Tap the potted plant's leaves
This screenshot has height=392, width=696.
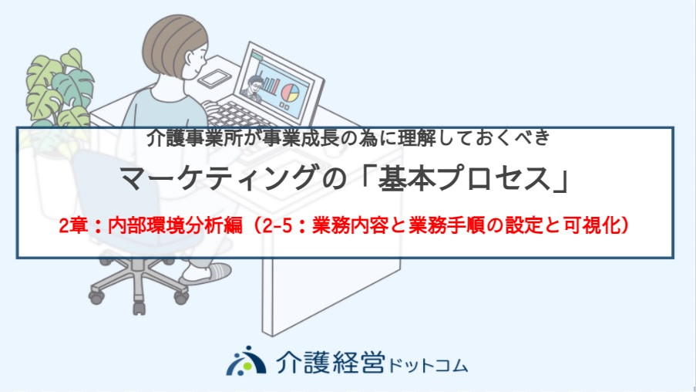coord(58,89)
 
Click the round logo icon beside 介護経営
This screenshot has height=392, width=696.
coord(246,361)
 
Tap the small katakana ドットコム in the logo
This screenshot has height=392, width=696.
coord(428,367)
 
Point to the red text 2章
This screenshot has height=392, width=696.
coord(73,225)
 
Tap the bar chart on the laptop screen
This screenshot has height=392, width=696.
coord(271,86)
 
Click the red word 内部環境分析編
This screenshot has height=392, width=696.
coord(175,225)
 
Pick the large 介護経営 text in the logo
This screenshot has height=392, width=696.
coord(330,362)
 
